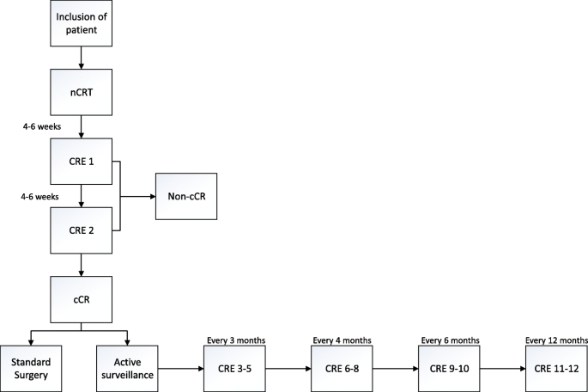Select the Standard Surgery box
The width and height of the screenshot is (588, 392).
30,369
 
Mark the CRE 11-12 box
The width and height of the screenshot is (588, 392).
554,369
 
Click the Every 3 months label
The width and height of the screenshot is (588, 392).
233,340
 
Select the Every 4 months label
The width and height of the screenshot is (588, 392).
341,340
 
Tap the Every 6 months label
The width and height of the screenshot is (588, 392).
448,340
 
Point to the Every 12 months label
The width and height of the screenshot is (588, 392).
554,340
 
